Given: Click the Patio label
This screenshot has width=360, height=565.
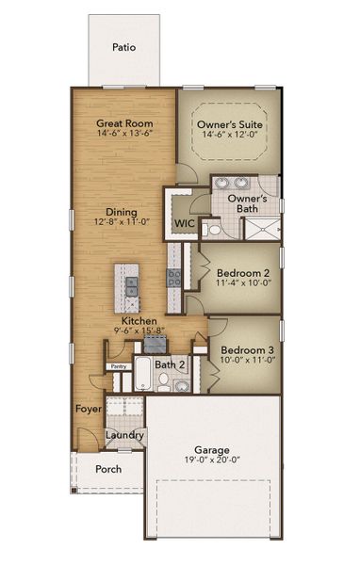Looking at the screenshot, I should [123, 46].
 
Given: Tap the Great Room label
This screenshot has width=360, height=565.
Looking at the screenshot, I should [124, 123].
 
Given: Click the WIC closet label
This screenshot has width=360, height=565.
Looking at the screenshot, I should [183, 223].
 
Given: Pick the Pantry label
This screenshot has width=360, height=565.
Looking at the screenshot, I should [119, 366].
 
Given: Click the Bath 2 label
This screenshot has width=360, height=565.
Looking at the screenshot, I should [170, 363].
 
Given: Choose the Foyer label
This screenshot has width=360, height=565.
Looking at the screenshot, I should [88, 409].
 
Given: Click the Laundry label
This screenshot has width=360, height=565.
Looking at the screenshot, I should [124, 435].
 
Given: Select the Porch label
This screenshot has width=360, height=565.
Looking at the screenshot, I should [108, 469].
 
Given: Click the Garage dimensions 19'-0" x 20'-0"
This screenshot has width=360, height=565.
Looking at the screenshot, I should [215, 461].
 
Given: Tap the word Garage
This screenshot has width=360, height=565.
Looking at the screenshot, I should [215, 449].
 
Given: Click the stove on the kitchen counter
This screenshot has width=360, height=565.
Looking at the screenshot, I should [174, 276].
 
